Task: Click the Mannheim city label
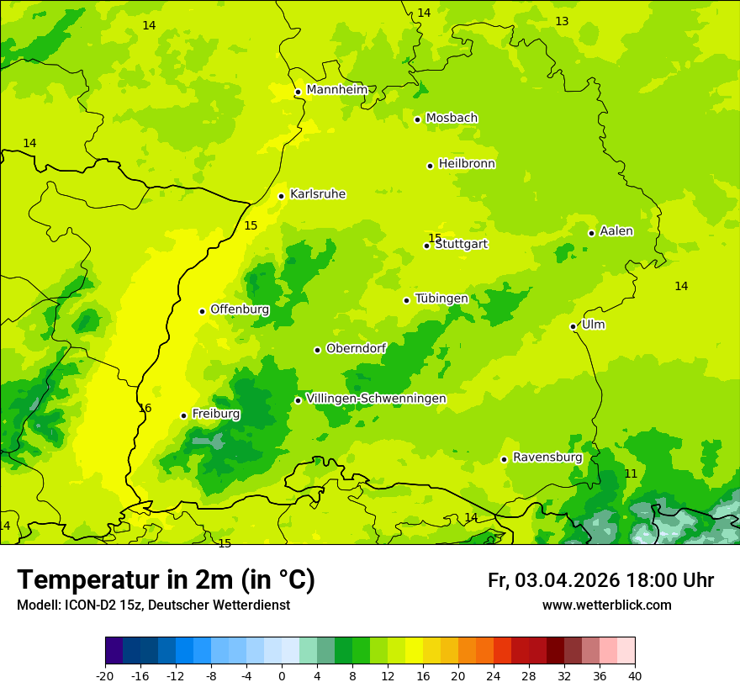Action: pyautogui.click(x=337, y=90)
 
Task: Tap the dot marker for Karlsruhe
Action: pyautogui.click(x=282, y=196)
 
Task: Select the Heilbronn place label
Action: pyautogui.click(x=467, y=164)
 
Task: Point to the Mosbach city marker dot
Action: pyautogui.click(x=417, y=119)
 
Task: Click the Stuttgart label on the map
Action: pyautogui.click(x=461, y=245)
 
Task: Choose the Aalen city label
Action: pyautogui.click(x=616, y=231)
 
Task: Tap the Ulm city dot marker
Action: pyautogui.click(x=573, y=326)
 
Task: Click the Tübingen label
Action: pyautogui.click(x=441, y=299)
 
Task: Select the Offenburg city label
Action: pyautogui.click(x=240, y=309)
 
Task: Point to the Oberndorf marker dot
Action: pyautogui.click(x=317, y=350)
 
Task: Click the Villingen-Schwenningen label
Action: pyautogui.click(x=376, y=399)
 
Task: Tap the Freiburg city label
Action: pyautogui.click(x=216, y=414)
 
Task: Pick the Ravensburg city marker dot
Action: pyautogui.click(x=504, y=459)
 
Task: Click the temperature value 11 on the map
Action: pyautogui.click(x=631, y=474)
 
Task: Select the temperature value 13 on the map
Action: pyautogui.click(x=562, y=21)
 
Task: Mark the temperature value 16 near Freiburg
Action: pyautogui.click(x=145, y=408)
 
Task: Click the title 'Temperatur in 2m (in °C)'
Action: pyautogui.click(x=166, y=580)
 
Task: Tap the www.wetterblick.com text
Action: pyautogui.click(x=606, y=605)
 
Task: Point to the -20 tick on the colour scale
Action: pyautogui.click(x=105, y=675)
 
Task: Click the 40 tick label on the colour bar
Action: pyautogui.click(x=634, y=675)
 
